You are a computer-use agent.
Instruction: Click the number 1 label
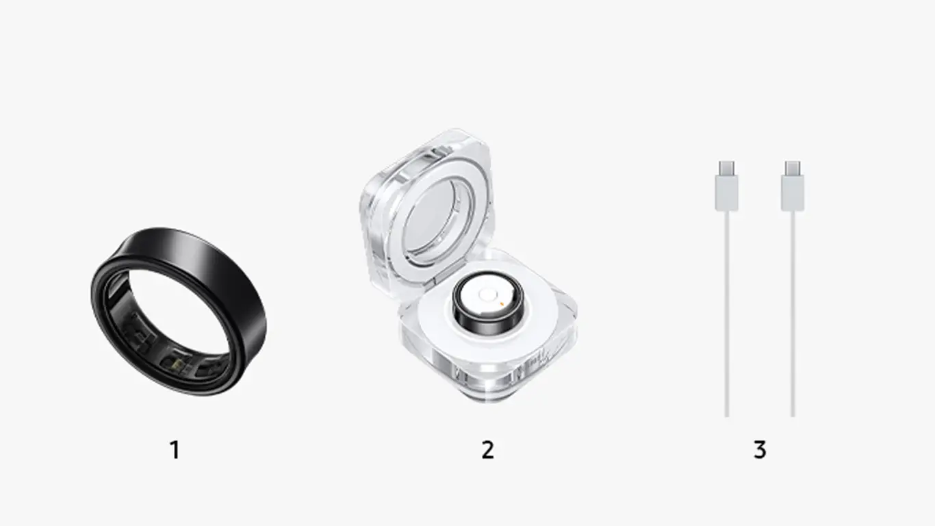[x=175, y=450]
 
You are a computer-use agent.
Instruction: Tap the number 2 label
[x=487, y=450]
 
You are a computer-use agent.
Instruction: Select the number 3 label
[x=760, y=450]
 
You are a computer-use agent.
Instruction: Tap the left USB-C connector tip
[x=727, y=168]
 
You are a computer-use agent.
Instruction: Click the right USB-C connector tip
[x=793, y=168]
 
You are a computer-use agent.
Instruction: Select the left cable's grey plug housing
[x=727, y=193]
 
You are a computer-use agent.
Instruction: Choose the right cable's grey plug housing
[x=793, y=193]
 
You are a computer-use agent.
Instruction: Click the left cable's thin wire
[x=727, y=314]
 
